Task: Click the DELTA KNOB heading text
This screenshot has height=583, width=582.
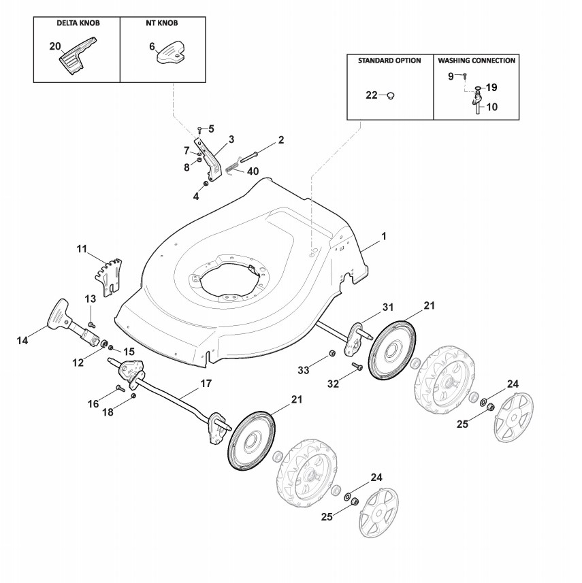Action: (78, 23)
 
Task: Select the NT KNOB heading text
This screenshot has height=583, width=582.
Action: (163, 23)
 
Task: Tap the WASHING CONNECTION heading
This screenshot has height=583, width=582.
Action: (476, 61)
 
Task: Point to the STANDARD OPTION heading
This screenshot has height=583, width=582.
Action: (389, 61)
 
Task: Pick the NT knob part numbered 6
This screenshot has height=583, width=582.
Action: (172, 53)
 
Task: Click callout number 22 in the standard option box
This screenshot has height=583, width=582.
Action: (372, 95)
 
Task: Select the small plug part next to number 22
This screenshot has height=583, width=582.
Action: (391, 96)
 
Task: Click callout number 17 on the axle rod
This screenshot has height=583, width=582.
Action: (205, 384)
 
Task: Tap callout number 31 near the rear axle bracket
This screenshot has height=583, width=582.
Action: (387, 307)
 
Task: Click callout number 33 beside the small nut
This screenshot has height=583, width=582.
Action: (304, 369)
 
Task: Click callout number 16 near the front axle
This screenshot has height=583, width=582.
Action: (93, 404)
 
